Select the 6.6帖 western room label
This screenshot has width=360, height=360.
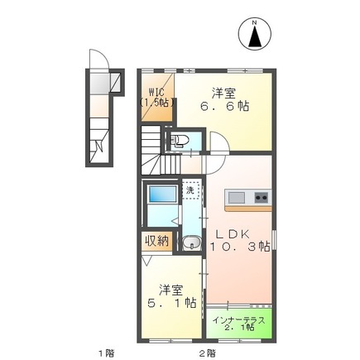[x=224, y=100]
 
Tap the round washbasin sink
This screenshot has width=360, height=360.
[x=190, y=243]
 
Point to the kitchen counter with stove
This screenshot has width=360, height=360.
[x=248, y=197]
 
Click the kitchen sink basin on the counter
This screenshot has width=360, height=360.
[x=237, y=197]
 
